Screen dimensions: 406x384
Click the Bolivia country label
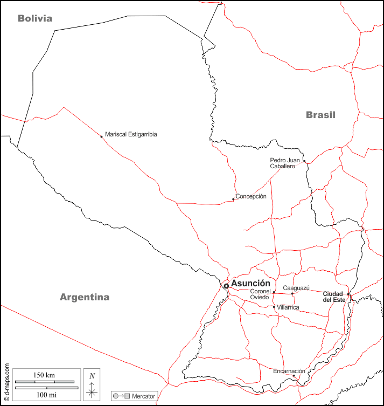point(35,18)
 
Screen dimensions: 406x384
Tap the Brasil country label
point(320,114)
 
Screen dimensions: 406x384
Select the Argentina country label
point(85,297)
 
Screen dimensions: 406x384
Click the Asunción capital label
point(250,283)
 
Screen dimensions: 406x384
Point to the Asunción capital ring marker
point(226,286)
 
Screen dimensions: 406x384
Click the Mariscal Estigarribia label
point(131,134)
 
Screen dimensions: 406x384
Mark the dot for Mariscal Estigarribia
point(101,136)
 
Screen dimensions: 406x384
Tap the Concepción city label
point(251,196)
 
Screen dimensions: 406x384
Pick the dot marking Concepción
point(233,199)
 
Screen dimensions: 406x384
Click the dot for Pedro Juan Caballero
point(304,161)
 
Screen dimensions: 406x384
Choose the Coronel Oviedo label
point(259,294)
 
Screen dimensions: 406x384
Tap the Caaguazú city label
point(295,288)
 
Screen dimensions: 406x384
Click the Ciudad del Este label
point(334,297)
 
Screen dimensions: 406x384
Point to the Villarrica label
point(288,307)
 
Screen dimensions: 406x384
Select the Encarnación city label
point(289,371)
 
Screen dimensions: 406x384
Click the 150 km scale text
point(44,375)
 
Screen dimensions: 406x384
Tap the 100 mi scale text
point(44,395)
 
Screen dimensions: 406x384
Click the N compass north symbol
point(92,376)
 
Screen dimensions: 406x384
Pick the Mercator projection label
point(143,396)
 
